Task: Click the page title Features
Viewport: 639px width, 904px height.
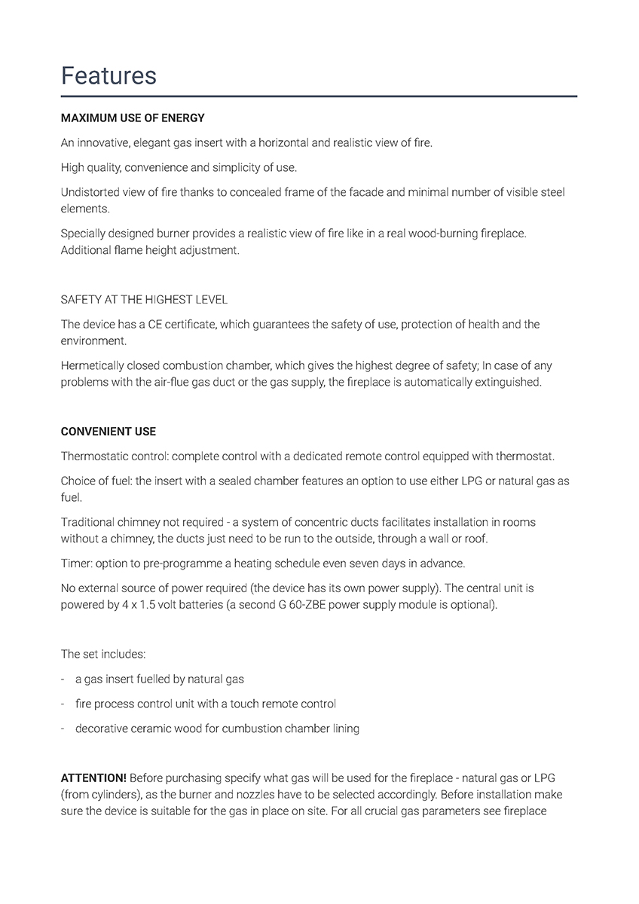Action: (x=109, y=75)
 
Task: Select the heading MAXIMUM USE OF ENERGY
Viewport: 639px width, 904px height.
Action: (x=133, y=118)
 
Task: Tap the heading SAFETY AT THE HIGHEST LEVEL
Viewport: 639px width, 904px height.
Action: (x=144, y=300)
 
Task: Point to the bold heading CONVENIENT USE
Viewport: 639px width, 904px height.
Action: (x=109, y=432)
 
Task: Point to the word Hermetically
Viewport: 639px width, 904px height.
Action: (x=93, y=366)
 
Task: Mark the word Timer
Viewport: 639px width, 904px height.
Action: (x=75, y=563)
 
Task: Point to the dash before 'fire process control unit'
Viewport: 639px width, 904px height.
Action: (x=63, y=704)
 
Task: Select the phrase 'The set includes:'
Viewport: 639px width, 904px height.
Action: (x=102, y=654)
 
